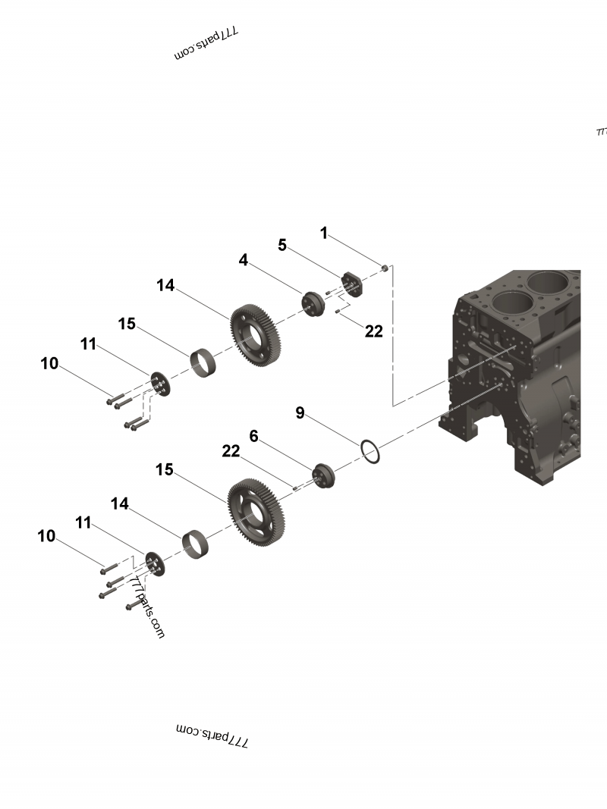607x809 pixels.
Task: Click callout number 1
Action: coord(324,234)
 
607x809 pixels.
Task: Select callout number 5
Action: coord(282,245)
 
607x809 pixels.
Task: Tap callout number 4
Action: coord(243,260)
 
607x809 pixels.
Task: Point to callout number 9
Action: coord(300,412)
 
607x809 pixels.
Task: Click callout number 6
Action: coord(254,436)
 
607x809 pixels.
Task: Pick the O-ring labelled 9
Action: coord(370,451)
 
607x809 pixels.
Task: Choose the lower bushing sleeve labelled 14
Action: coord(197,544)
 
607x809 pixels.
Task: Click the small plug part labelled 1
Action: coord(385,268)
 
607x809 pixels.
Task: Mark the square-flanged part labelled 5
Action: coord(352,285)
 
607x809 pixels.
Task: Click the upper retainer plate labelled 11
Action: coord(160,384)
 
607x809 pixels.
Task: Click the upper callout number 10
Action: coord(49,364)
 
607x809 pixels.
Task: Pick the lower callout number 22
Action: coord(231,451)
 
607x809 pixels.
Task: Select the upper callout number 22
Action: coord(374,331)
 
